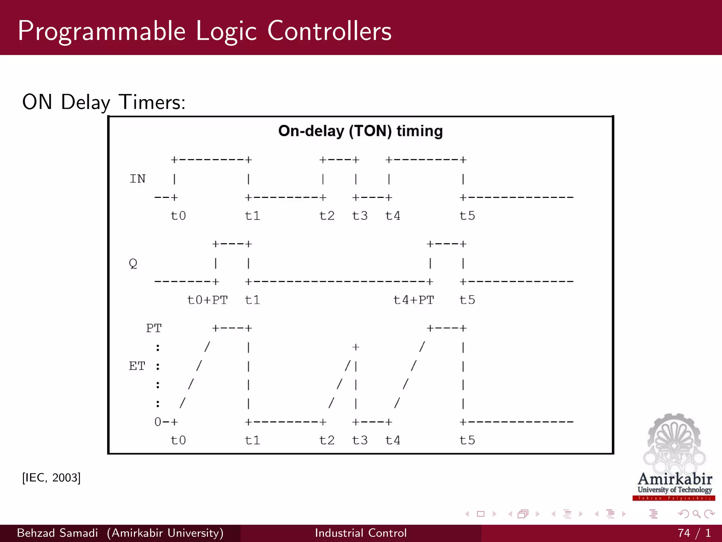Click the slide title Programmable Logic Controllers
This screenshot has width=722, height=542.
204,31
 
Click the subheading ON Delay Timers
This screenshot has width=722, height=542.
104,102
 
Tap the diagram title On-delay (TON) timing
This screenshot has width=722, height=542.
360,131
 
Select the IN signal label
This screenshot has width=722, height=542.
137,179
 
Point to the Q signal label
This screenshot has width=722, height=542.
133,263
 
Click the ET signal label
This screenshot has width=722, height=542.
137,366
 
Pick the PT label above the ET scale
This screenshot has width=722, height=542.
154,328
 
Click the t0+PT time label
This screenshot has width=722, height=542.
207,300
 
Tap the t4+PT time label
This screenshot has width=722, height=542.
414,300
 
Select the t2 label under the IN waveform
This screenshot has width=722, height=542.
327,216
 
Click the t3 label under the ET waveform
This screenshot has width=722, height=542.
360,440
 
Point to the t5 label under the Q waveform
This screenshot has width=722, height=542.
467,300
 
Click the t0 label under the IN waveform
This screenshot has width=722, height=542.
178,216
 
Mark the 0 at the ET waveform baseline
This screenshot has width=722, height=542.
158,422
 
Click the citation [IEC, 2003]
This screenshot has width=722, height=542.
51,478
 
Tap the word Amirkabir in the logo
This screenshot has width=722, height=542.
675,479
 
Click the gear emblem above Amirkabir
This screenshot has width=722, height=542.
674,441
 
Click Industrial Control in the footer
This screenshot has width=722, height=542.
361,533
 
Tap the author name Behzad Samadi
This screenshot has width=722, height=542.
57,533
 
